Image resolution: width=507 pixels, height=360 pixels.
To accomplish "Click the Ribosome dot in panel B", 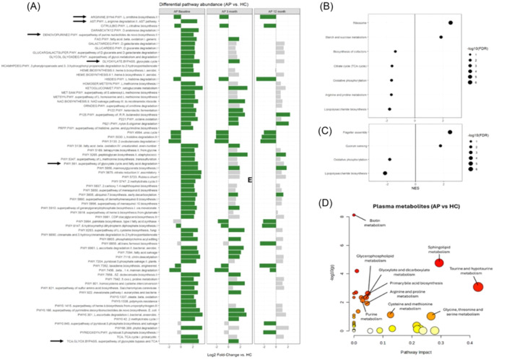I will pyautogui.click(x=450, y=22).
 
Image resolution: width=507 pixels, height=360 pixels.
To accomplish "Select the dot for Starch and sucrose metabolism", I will pyautogui.click(x=441, y=36).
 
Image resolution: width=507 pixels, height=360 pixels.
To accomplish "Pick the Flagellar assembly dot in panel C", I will pyautogui.click(x=449, y=132).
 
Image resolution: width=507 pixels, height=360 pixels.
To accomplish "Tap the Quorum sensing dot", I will pyautogui.click(x=440, y=145).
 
